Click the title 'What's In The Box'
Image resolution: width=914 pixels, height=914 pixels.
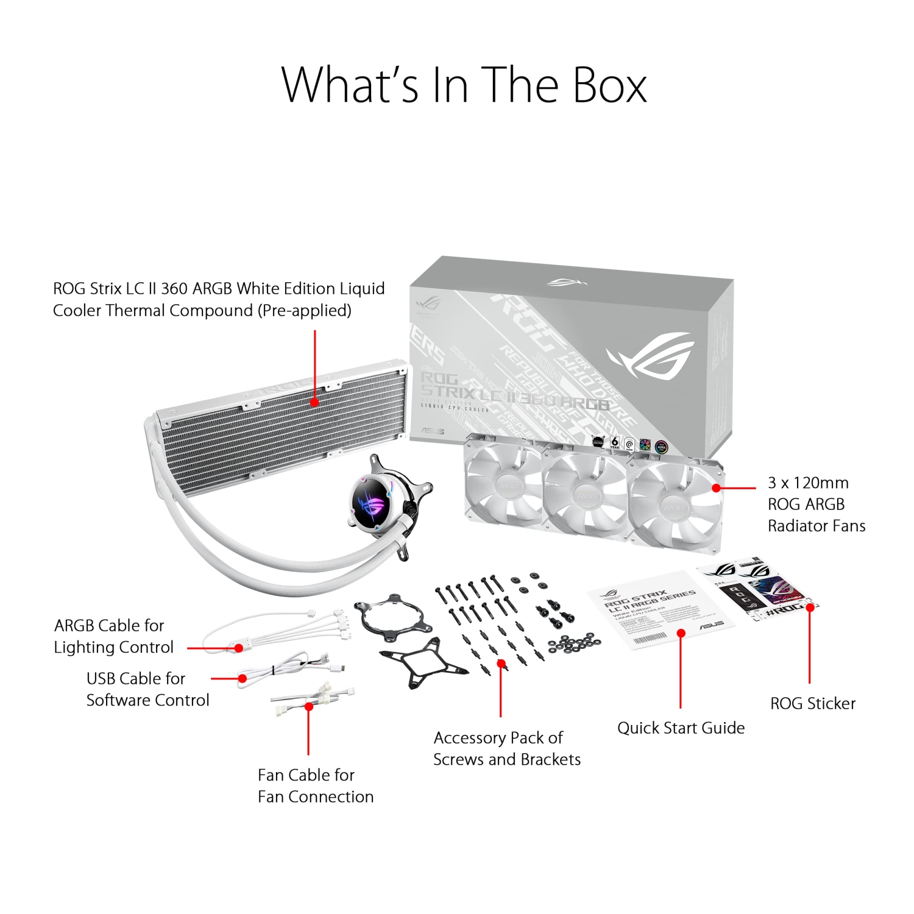[464, 85]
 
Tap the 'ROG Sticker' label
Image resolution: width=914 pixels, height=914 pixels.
[812, 703]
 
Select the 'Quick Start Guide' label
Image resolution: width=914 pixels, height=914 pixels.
[681, 728]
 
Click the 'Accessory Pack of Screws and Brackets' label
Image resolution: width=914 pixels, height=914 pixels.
[506, 748]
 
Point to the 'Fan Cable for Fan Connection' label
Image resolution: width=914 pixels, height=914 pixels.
[315, 785]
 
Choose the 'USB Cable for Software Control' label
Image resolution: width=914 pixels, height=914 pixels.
[147, 689]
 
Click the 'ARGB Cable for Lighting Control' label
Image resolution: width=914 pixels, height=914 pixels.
[113, 636]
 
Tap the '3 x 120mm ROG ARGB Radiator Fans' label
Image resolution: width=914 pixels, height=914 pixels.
[816, 504]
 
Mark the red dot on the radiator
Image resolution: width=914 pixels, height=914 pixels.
[314, 402]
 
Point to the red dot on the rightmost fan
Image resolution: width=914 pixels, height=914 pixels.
[717, 488]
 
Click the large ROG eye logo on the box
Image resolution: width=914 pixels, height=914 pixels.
[652, 355]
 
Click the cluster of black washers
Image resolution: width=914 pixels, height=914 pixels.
[573, 643]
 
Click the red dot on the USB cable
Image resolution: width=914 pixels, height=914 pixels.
[243, 678]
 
